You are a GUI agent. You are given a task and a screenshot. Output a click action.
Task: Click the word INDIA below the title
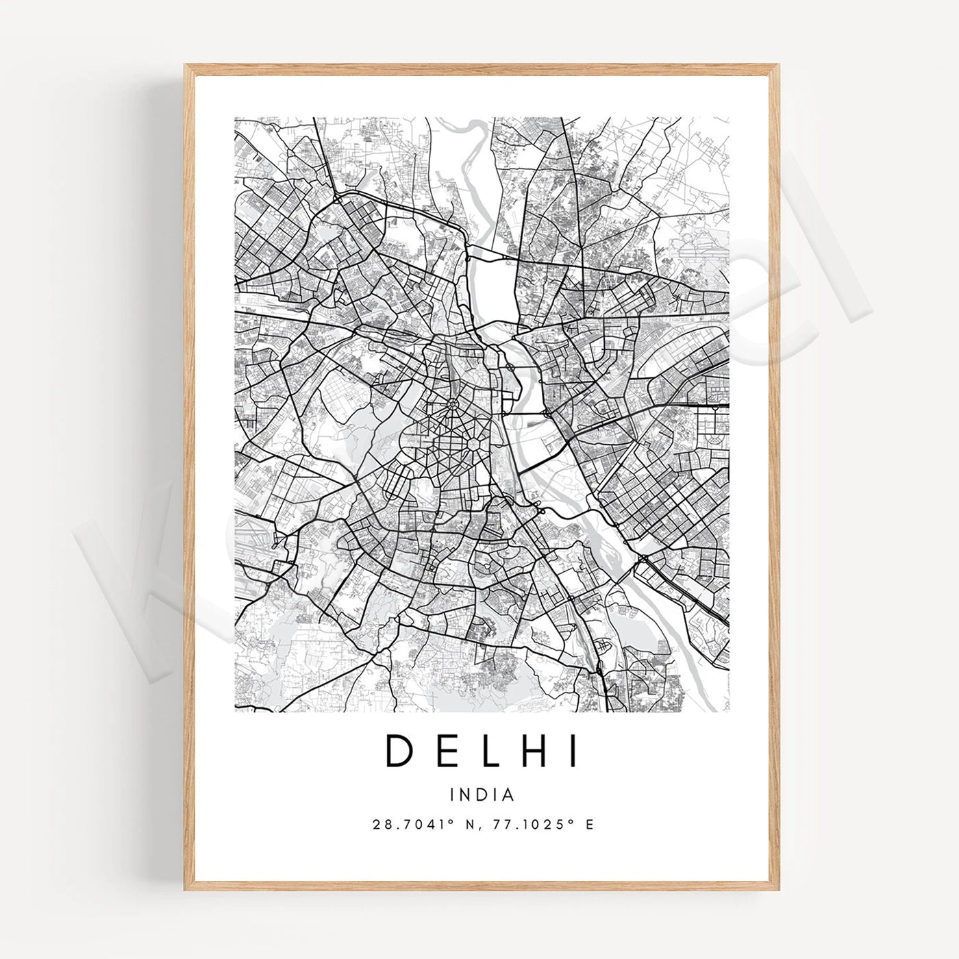click(x=482, y=795)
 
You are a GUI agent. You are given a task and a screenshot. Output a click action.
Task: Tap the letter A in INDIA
click(x=508, y=795)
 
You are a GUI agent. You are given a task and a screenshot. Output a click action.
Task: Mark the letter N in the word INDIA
click(x=466, y=795)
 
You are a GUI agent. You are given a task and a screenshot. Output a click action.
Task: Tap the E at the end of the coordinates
click(x=589, y=824)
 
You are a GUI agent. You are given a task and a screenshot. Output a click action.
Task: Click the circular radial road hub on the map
click(x=453, y=406)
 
